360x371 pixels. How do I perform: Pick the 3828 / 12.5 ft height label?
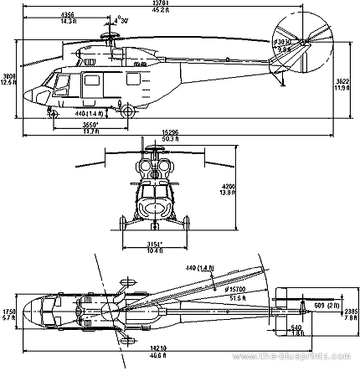coord(8,79)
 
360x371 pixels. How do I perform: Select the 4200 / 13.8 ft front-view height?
coord(250,189)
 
